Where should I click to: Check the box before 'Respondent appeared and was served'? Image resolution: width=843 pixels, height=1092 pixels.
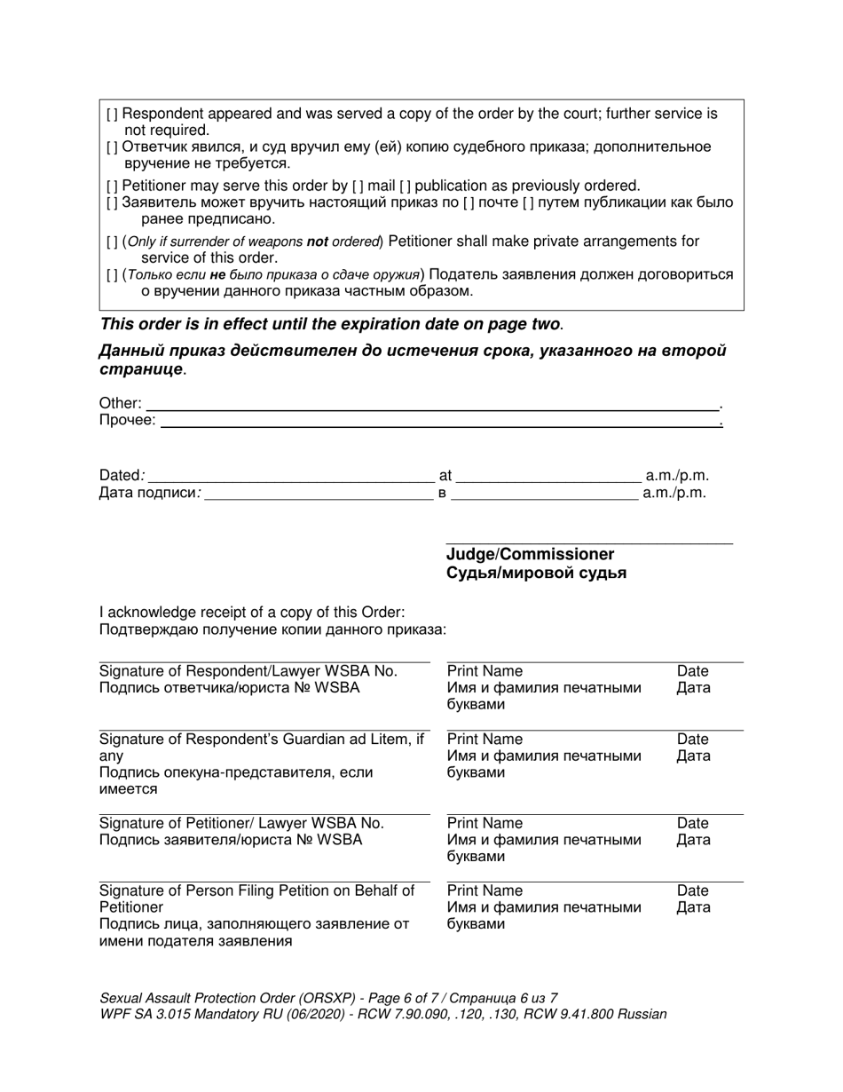pos(112,115)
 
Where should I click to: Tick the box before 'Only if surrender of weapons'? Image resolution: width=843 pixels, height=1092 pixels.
pos(112,241)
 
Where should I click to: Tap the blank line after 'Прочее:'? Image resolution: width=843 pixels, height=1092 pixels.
pos(439,423)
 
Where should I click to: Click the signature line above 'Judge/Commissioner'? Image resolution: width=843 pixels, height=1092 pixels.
pos(589,542)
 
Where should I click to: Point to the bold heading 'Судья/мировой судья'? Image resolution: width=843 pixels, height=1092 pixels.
pos(536,574)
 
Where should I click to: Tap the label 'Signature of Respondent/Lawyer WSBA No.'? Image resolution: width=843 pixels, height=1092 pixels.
pos(248,671)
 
